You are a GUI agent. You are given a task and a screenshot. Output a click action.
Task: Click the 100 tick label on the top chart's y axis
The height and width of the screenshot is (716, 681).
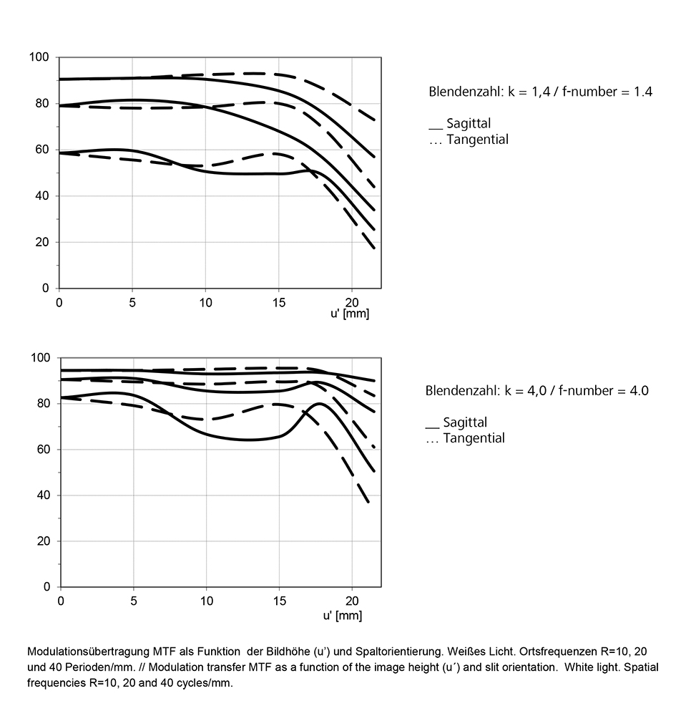click(x=39, y=57)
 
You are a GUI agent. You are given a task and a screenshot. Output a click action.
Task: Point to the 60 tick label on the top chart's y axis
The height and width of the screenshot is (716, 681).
click(x=42, y=150)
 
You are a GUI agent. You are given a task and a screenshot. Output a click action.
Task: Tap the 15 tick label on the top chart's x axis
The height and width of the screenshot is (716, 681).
click(x=279, y=302)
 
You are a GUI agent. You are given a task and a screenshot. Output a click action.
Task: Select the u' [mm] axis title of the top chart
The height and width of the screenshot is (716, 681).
click(x=350, y=314)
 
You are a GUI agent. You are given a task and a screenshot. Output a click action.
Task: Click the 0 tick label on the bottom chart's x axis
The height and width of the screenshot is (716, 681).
click(x=61, y=601)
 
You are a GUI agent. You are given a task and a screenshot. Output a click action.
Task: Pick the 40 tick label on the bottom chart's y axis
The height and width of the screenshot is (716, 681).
click(x=44, y=495)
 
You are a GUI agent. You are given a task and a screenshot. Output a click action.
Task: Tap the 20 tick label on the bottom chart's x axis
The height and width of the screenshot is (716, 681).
click(x=352, y=601)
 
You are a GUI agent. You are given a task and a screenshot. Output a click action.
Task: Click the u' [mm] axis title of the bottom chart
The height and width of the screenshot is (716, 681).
click(x=343, y=616)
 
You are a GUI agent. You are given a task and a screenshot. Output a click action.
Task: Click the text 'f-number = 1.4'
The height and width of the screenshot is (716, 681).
click(x=607, y=92)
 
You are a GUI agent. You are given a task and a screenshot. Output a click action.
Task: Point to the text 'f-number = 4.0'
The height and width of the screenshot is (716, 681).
click(x=604, y=391)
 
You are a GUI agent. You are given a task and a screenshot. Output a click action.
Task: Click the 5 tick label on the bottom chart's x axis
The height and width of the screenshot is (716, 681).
click(x=134, y=601)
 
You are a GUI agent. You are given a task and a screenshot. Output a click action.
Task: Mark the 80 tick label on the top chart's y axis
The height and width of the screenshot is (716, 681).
click(x=42, y=103)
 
